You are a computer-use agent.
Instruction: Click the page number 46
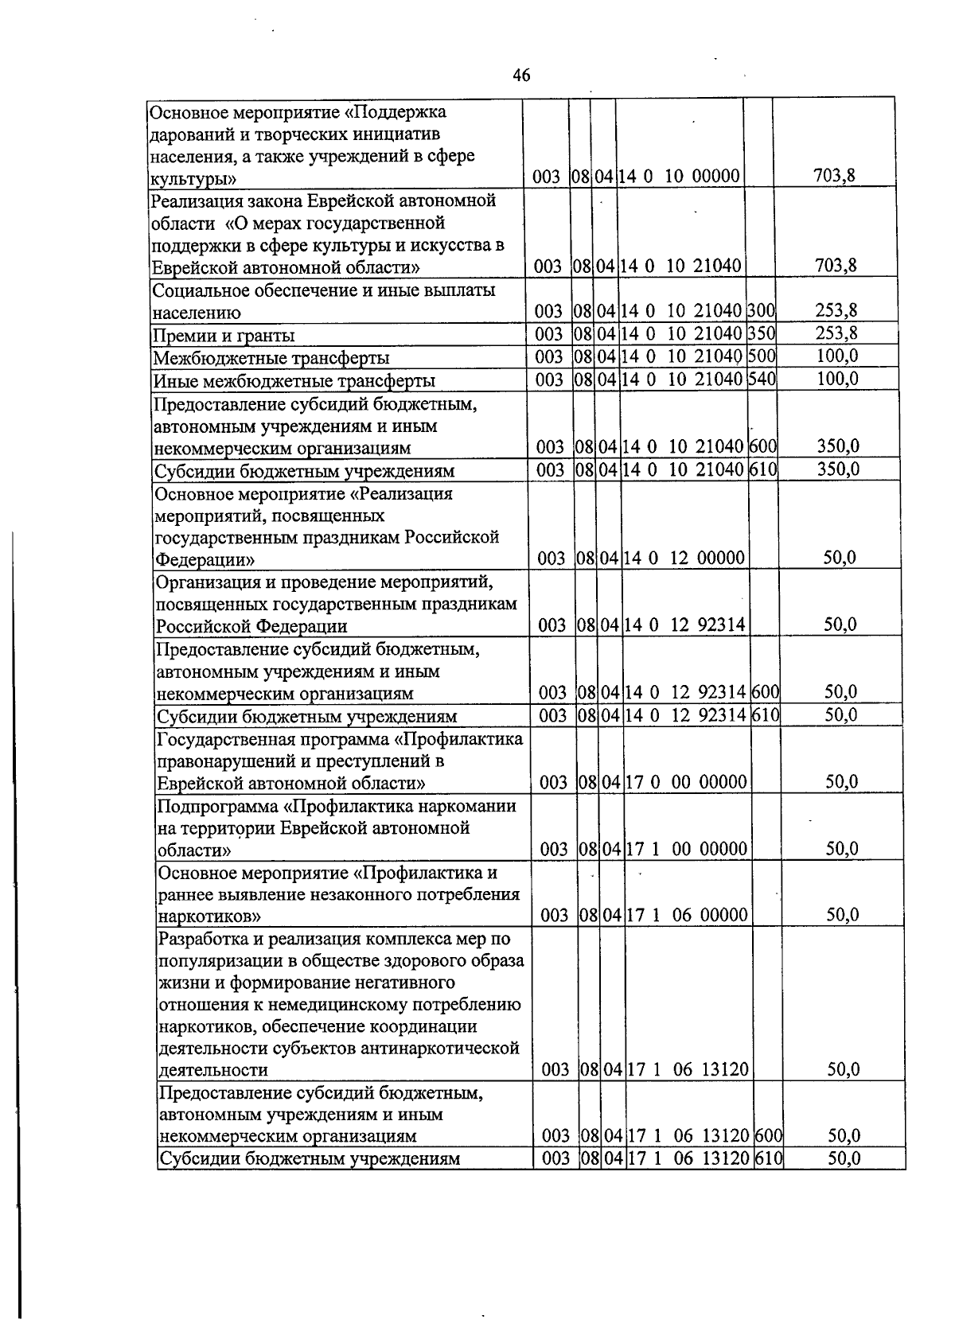click(521, 76)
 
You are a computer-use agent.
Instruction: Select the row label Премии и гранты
click(224, 336)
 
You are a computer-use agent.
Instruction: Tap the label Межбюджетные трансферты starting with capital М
click(271, 358)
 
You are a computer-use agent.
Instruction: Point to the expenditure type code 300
click(761, 311)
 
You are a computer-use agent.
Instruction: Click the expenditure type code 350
click(761, 333)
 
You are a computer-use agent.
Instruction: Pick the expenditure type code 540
click(762, 379)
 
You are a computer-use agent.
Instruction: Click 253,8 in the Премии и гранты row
click(836, 333)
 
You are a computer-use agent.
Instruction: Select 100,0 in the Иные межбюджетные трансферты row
click(837, 379)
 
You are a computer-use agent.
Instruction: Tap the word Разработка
click(203, 940)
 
